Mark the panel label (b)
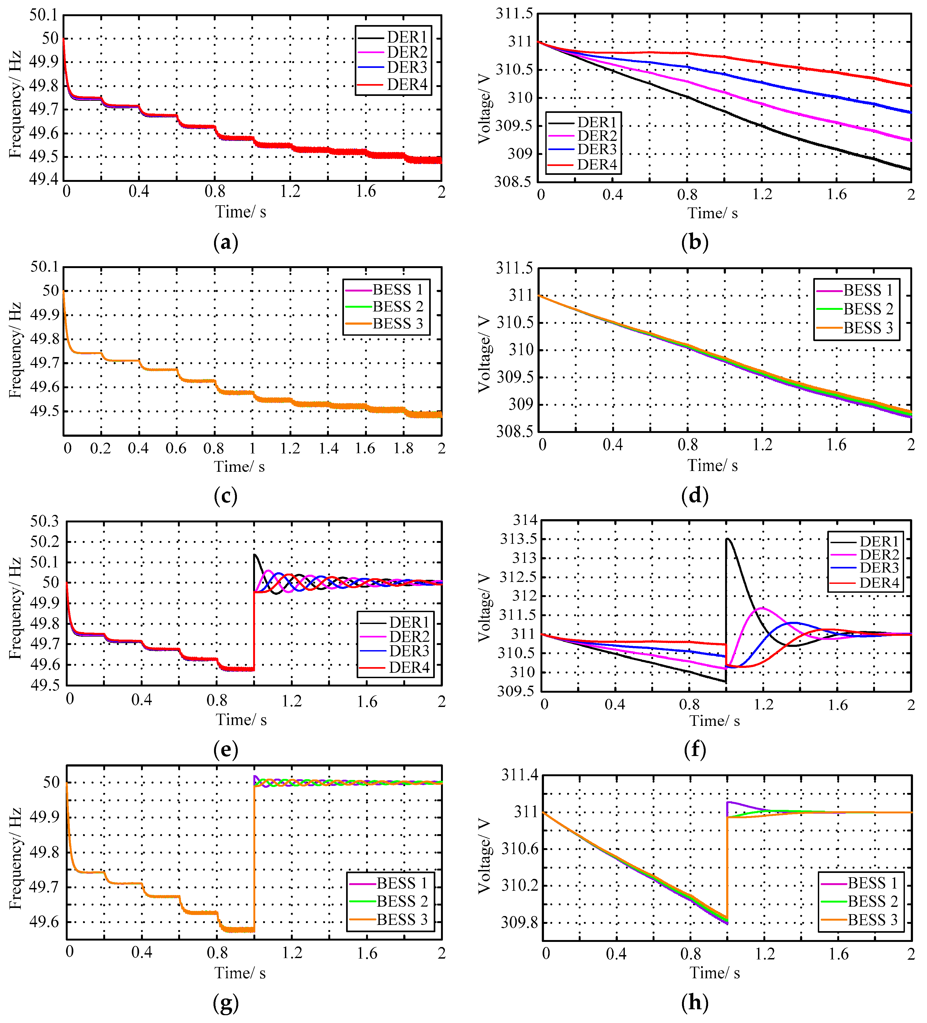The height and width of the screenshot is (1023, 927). point(694,242)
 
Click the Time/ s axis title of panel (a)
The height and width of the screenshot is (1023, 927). point(241,211)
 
